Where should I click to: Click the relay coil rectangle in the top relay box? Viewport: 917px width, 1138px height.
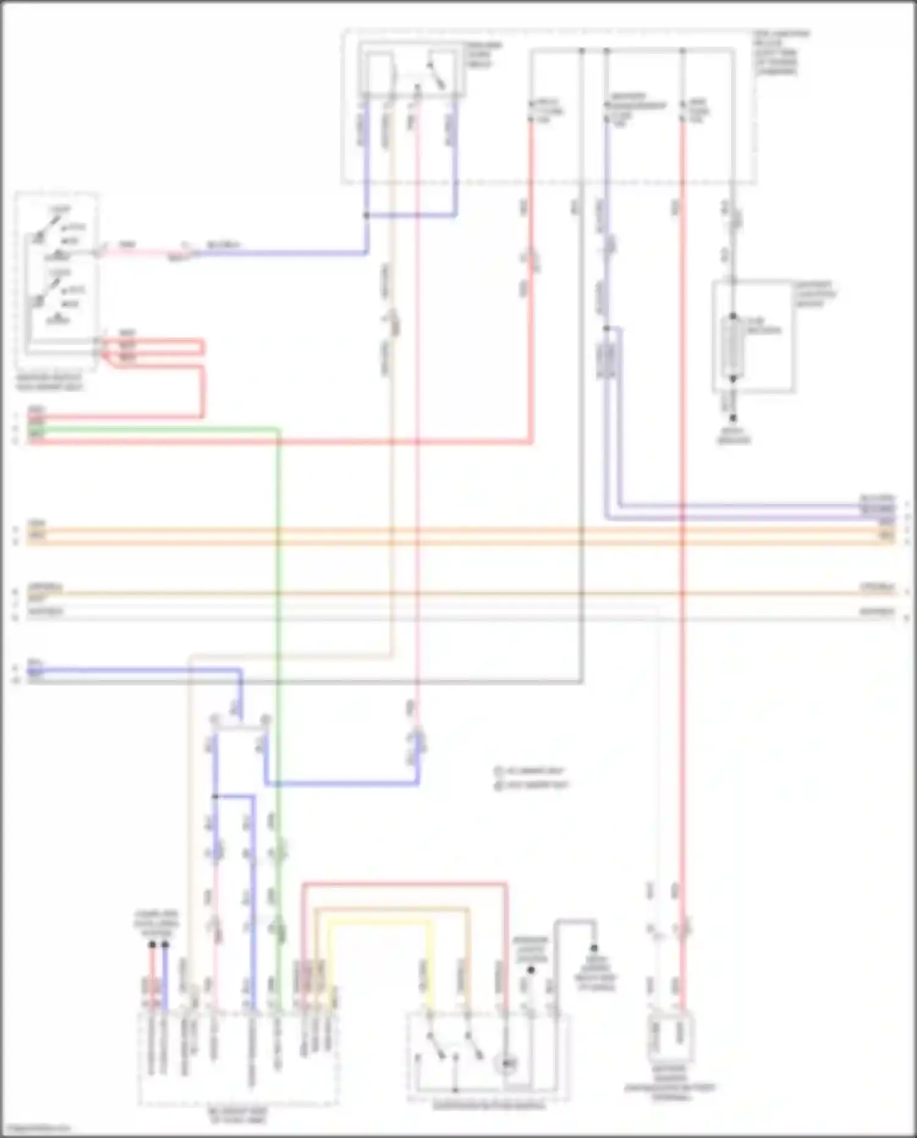click(x=380, y=72)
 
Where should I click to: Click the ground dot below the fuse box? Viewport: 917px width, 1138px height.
click(x=734, y=418)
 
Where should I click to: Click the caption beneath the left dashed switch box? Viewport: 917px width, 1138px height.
click(x=50, y=383)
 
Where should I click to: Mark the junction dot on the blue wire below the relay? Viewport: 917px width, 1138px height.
click(x=366, y=215)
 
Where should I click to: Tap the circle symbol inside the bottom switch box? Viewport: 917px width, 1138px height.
click(x=507, y=1065)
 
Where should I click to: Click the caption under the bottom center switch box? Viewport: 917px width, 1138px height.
click(x=489, y=1106)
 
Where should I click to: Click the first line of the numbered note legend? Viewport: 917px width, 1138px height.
click(x=531, y=772)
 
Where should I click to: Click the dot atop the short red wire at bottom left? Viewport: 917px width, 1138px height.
click(x=152, y=944)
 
